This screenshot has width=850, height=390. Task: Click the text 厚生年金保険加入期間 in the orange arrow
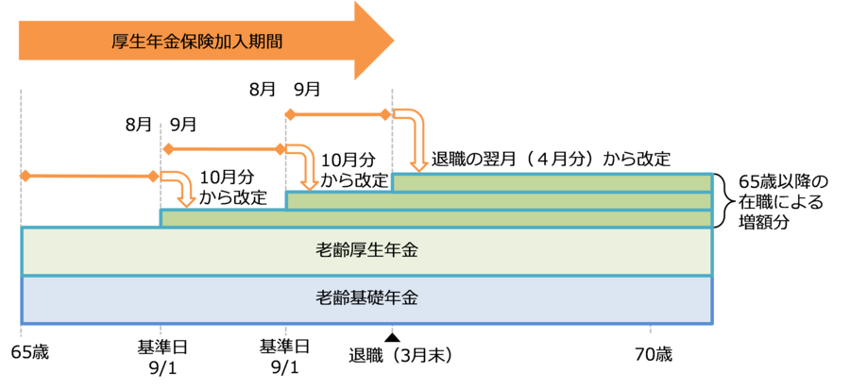(195, 42)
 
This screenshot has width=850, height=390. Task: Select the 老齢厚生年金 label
(366, 252)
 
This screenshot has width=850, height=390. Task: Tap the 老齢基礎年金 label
(366, 298)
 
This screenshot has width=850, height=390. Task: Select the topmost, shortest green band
(552, 182)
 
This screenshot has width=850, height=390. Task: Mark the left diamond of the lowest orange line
(25, 177)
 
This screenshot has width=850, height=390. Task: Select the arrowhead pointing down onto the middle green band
(307, 182)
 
